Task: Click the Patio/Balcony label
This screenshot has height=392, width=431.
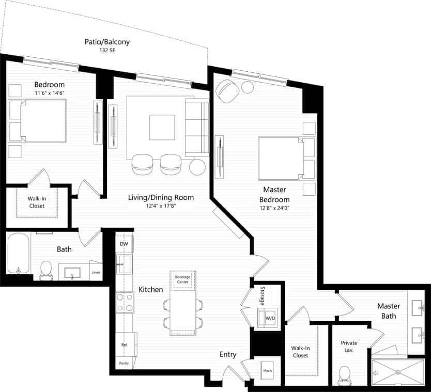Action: pos(107,41)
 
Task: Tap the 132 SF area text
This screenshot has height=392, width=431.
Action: pos(107,51)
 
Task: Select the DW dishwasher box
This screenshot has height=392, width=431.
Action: pos(124,244)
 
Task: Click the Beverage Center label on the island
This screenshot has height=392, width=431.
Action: pos(182,279)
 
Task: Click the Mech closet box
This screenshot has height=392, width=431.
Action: pos(267,371)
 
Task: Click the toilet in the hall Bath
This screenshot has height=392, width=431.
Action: pos(47,269)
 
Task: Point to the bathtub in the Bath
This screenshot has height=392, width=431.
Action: pos(19,253)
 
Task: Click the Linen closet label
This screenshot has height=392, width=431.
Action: pos(96,272)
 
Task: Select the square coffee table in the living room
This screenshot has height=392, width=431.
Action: pos(162,127)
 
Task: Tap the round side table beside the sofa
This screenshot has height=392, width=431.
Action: pos(197,167)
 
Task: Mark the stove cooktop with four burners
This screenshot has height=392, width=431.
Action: pos(124,302)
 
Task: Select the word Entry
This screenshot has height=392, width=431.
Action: pos(228,354)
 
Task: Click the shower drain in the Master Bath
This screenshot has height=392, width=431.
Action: pos(397,372)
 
